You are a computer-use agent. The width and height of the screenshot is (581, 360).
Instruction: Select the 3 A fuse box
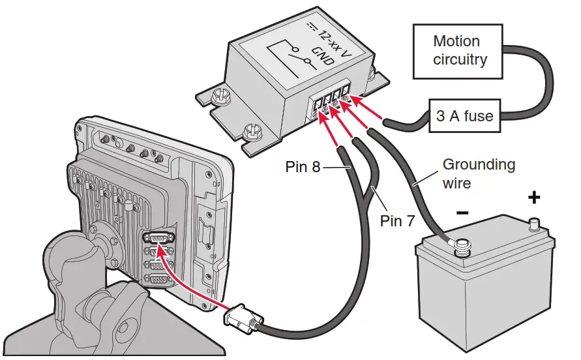(464, 117)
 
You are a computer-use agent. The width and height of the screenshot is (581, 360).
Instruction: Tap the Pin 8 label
(303, 167)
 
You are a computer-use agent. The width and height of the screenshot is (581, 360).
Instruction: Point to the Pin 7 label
(397, 221)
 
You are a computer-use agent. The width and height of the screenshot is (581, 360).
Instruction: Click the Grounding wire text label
(479, 173)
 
